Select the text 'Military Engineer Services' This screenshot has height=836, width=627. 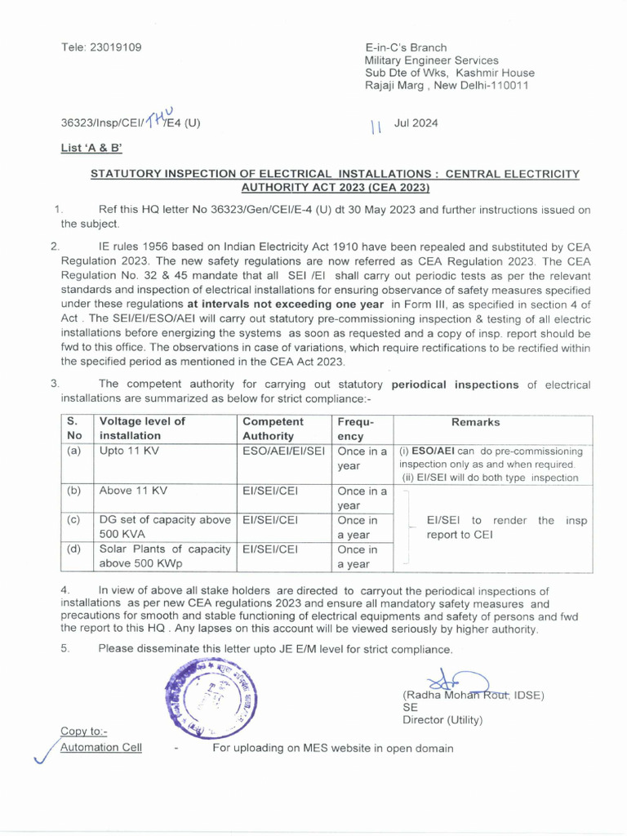click(x=431, y=60)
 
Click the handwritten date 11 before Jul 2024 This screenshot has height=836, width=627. click(x=376, y=126)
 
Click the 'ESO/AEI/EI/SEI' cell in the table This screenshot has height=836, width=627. click(x=282, y=450)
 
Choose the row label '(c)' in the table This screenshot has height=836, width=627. click(x=74, y=519)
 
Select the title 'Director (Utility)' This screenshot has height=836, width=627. click(x=442, y=720)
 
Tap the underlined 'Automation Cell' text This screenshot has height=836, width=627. click(x=101, y=747)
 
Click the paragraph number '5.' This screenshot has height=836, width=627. click(x=65, y=649)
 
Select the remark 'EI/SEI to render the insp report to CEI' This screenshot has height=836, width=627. click(x=506, y=528)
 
